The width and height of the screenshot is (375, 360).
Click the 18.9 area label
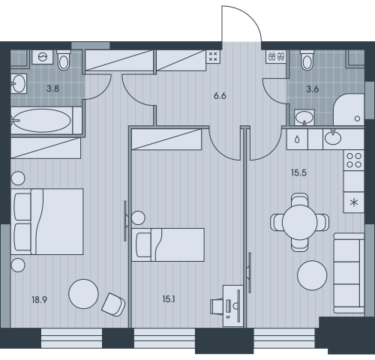(x=40, y=299)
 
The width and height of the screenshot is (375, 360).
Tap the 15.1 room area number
(x=169, y=299)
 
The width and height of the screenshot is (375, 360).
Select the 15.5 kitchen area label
(x=298, y=172)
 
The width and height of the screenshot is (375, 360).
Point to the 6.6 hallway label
(x=220, y=96)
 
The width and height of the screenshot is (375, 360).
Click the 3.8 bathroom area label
(x=53, y=88)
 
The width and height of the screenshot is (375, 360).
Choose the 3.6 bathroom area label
(x=313, y=89)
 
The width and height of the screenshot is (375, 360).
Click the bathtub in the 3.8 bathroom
(x=42, y=121)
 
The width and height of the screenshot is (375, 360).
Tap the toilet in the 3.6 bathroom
(x=307, y=60)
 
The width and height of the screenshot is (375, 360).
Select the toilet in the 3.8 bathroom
(x=64, y=60)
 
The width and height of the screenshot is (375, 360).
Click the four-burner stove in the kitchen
(x=354, y=160)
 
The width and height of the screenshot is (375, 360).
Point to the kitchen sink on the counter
(x=332, y=137)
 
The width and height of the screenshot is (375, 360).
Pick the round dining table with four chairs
(x=299, y=222)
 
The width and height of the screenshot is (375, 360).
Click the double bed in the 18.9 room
(x=47, y=222)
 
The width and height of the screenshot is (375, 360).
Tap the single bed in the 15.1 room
(x=168, y=244)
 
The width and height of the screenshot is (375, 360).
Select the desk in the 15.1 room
(x=232, y=306)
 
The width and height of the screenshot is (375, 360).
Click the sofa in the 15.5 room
(x=349, y=273)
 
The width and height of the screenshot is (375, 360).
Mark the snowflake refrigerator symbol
(x=354, y=202)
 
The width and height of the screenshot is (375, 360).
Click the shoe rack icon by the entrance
(x=276, y=56)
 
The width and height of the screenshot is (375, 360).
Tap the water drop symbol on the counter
(x=297, y=139)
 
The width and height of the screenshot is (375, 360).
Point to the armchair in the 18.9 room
(x=113, y=304)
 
